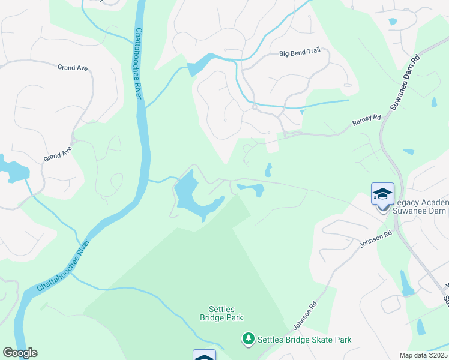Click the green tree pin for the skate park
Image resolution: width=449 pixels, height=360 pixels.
click(x=248, y=340)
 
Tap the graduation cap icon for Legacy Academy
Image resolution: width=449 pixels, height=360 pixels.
click(x=382, y=194)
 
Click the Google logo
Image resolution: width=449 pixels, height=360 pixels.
click(x=20, y=353)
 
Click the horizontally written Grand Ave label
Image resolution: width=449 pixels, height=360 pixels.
click(x=73, y=68)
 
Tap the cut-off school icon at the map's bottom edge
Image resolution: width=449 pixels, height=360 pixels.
click(x=204, y=355)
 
